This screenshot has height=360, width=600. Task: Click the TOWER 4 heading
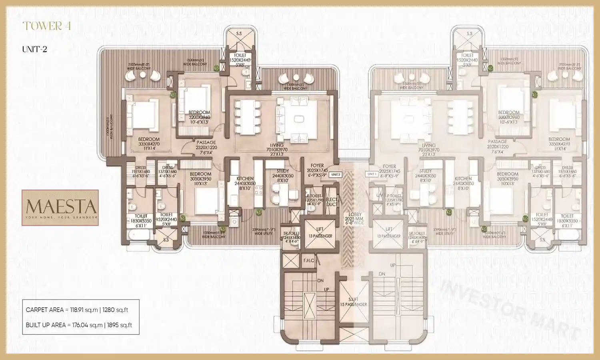(47, 26)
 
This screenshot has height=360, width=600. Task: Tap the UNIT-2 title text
(34, 49)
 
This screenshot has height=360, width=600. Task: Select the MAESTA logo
(60, 208)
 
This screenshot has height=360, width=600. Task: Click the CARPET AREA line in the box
(77, 310)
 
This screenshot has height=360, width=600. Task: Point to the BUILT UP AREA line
(79, 325)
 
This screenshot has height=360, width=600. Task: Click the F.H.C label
(309, 260)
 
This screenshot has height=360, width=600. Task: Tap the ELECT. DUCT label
(332, 202)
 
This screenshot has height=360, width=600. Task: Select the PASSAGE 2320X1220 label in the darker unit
(206, 147)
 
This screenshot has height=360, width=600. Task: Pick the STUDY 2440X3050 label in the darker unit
(283, 176)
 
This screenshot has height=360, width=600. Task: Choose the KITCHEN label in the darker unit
(245, 183)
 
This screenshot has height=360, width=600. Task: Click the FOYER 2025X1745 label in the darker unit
(317, 170)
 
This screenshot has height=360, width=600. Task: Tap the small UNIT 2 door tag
(336, 175)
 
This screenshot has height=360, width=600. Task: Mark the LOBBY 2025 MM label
(354, 219)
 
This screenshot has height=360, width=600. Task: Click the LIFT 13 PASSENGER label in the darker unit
(320, 232)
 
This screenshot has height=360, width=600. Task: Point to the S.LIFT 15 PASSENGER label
(353, 302)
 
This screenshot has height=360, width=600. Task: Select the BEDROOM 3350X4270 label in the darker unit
(149, 144)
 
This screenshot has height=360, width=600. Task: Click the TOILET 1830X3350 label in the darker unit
(141, 221)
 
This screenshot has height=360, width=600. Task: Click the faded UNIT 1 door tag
(372, 174)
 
